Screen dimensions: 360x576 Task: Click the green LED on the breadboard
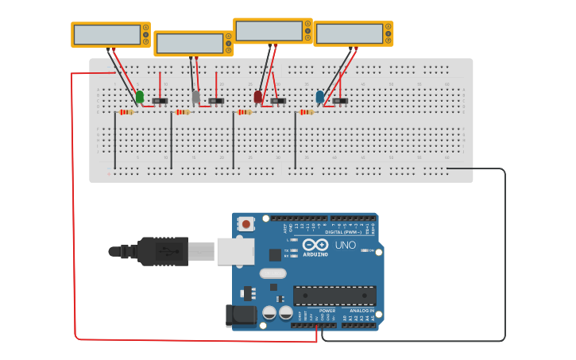tap(140, 97)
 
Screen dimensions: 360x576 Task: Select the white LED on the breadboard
tap(196, 97)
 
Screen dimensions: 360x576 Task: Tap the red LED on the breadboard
tap(257, 97)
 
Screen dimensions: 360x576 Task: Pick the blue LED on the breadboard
tap(319, 97)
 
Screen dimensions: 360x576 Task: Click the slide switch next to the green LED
tap(160, 101)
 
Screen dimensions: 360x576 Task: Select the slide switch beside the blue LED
tap(340, 101)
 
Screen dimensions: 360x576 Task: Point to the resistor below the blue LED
tap(306, 112)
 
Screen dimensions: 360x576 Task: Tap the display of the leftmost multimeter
tap(105, 34)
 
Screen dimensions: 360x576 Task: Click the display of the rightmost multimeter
tap(348, 33)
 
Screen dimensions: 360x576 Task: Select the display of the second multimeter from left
tap(189, 43)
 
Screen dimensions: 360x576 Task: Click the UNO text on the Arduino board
tap(346, 245)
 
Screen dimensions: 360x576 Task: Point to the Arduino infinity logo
tap(315, 245)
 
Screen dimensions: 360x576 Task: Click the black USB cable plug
tap(162, 251)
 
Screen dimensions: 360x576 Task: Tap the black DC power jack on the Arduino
tap(241, 315)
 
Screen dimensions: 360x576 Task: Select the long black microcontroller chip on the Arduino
tap(334, 296)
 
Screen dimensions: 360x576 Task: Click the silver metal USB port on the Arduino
tap(235, 251)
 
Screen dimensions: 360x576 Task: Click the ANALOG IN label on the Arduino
tap(362, 311)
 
